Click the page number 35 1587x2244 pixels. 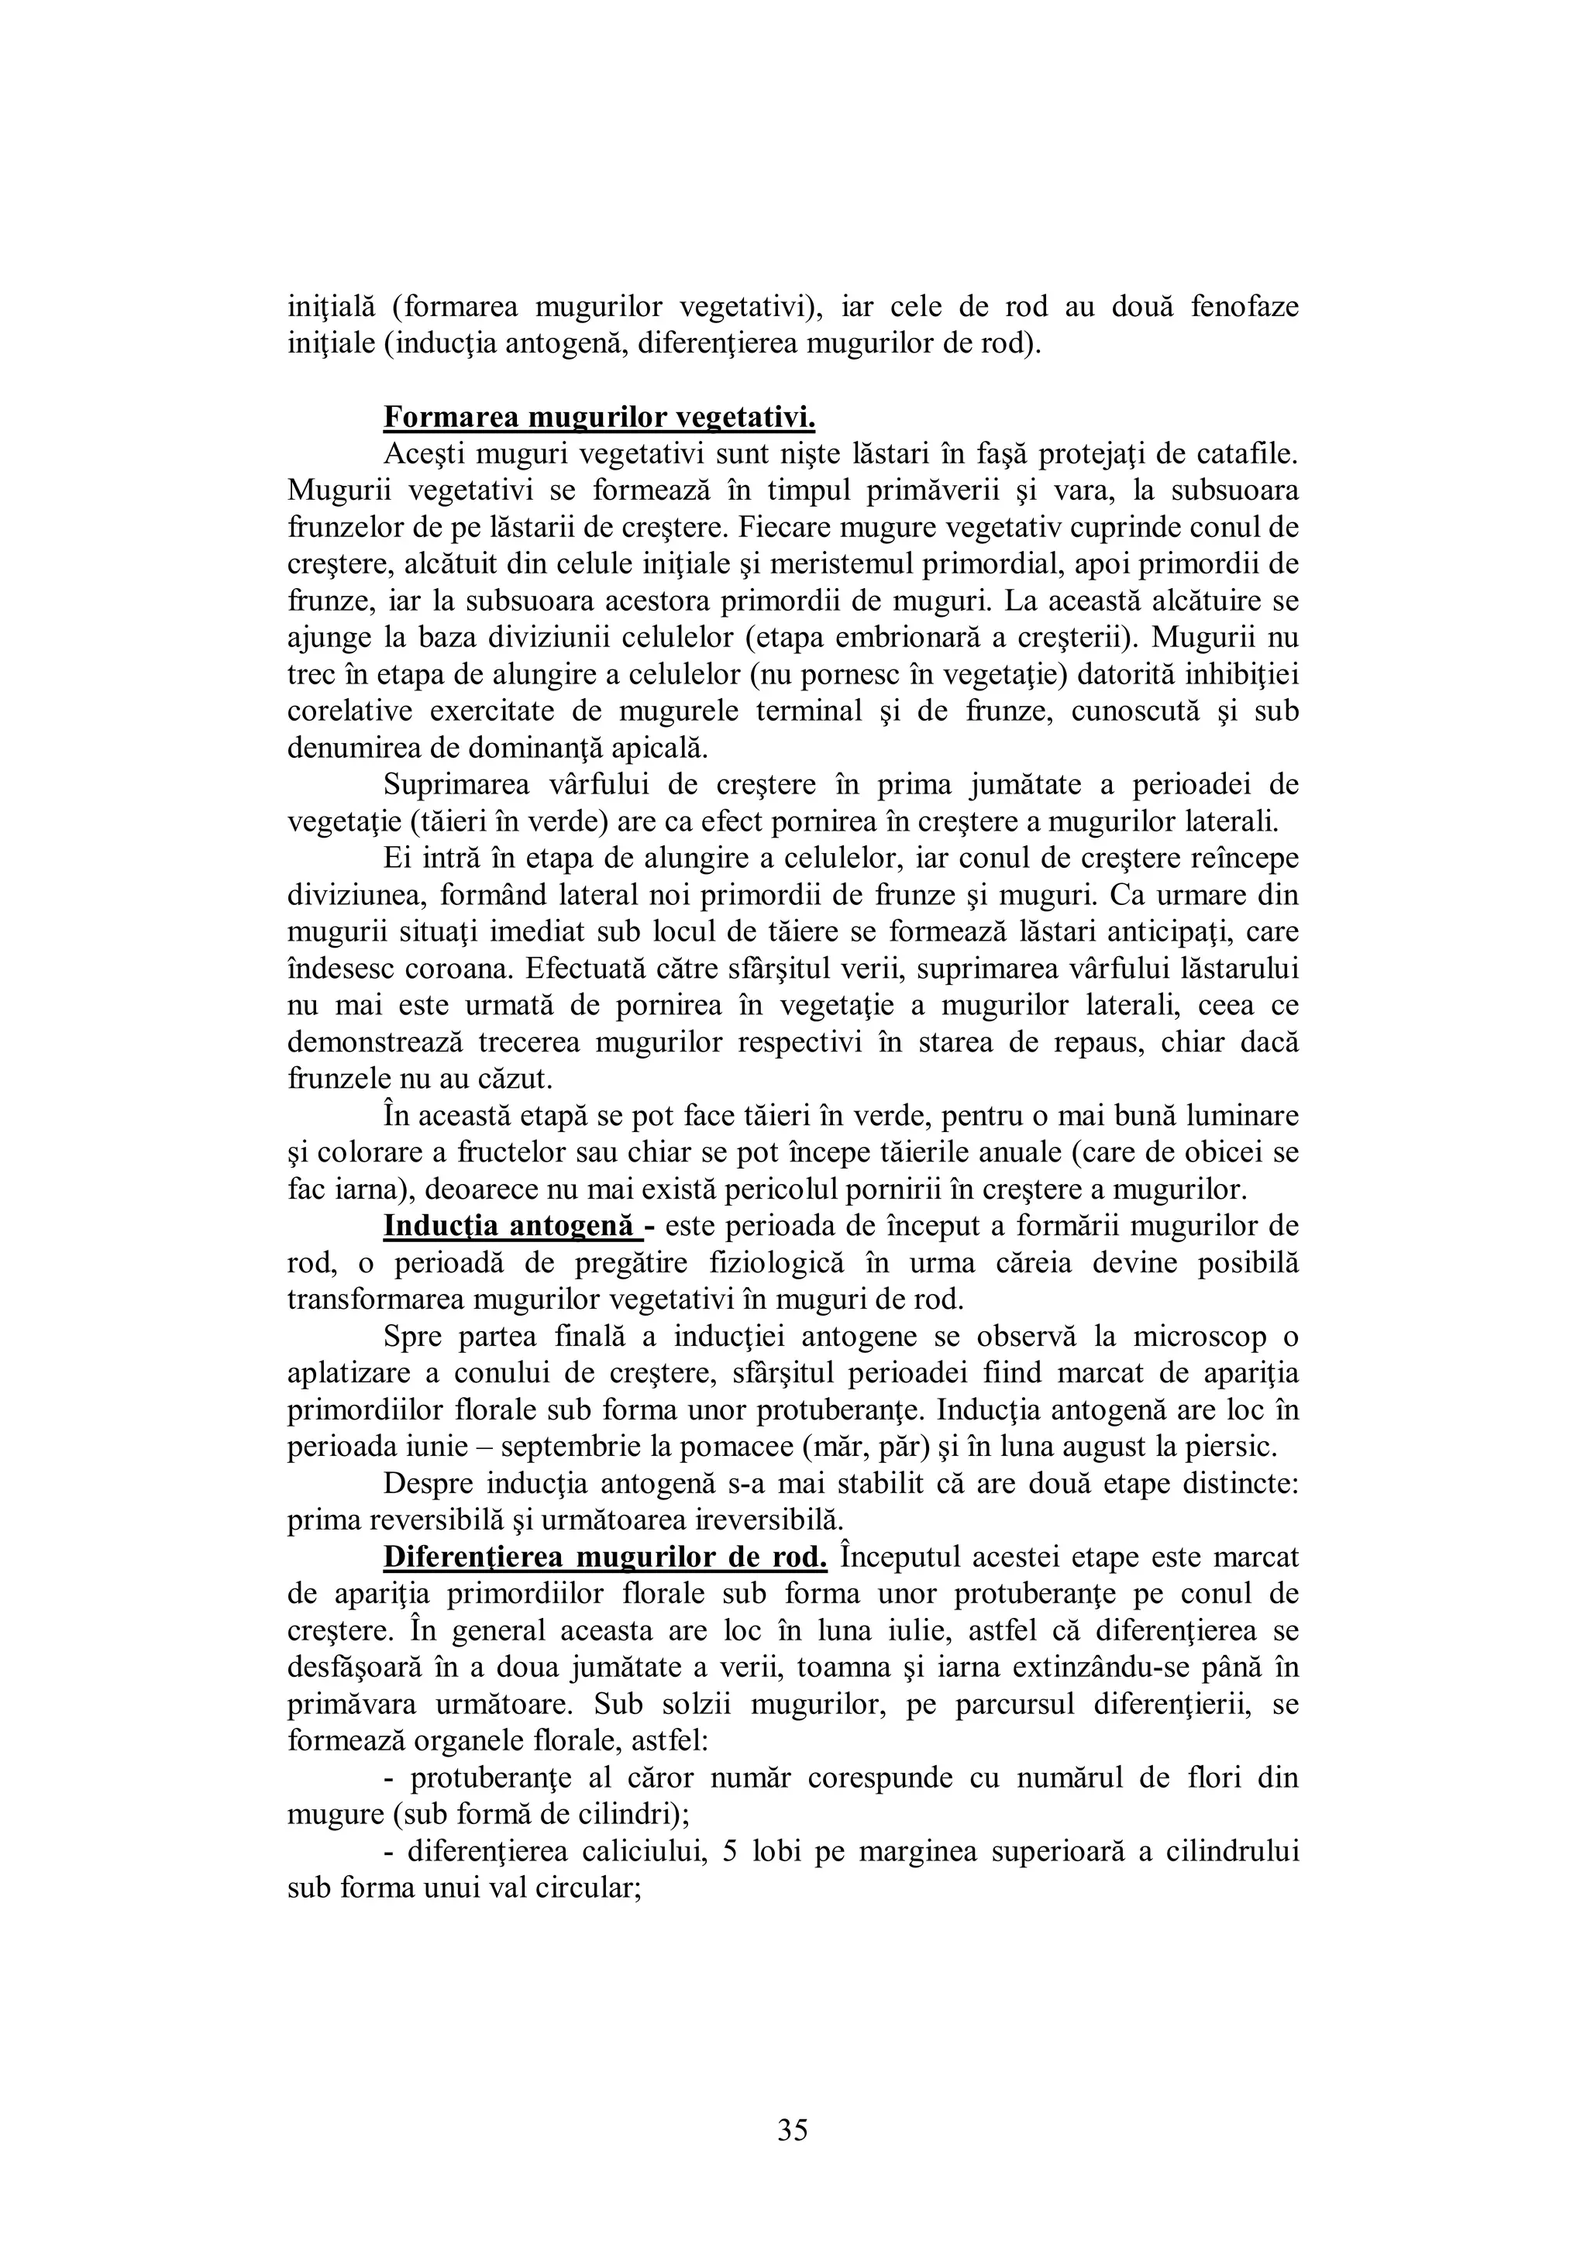pos(793,2129)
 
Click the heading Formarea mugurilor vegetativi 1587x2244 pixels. pos(599,418)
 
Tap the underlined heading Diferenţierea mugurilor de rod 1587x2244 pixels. pos(606,1557)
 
